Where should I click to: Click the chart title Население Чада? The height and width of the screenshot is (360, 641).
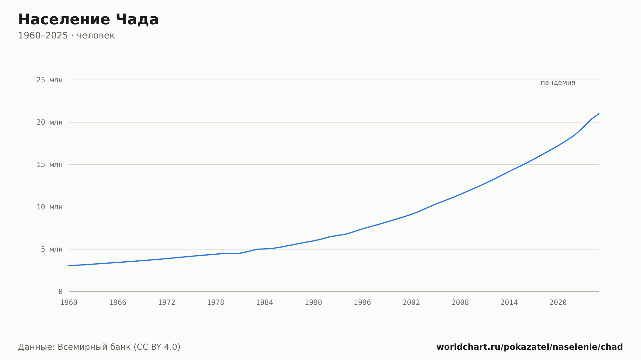88,20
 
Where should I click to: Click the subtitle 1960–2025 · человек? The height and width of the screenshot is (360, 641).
66,36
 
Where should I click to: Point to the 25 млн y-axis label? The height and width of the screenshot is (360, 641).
49,80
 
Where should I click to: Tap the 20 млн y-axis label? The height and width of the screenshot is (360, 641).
49,122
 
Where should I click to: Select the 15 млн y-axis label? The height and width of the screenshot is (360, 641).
49,165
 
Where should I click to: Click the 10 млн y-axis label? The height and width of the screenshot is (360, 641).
49,207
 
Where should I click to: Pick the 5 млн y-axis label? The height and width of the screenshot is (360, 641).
52,249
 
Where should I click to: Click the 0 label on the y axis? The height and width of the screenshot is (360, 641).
61,291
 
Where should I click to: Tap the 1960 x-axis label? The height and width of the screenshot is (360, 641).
69,303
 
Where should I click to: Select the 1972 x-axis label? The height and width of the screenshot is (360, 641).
167,303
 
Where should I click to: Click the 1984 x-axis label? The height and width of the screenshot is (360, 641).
264,303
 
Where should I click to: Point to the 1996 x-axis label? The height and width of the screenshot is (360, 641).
362,303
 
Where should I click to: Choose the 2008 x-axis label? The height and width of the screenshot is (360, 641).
460,303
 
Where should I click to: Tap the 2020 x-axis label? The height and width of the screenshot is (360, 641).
558,303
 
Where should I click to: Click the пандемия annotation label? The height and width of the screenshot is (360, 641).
558,83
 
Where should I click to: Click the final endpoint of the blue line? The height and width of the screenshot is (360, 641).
599,114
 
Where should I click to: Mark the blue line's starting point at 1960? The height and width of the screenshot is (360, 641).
69,266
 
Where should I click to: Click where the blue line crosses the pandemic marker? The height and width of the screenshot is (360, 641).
558,146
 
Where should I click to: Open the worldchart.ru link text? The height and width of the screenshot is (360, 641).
529,347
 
